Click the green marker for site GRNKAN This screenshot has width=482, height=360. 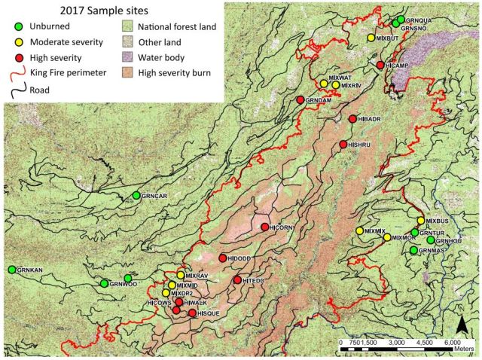pos(12,270)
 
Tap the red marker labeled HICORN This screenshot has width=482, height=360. pos(264,227)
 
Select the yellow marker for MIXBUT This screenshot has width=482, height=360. pos(371,38)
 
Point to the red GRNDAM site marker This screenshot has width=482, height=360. pos(300,100)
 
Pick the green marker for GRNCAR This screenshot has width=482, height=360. pos(136,195)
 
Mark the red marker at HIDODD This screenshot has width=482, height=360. pos(222,258)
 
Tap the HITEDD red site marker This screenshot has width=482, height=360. pos(238,280)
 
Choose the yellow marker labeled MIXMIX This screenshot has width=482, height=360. pos(358,230)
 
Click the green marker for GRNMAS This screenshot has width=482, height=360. pos(413,249)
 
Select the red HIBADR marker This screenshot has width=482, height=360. pos(353,119)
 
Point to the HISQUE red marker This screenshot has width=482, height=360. pos(192,313)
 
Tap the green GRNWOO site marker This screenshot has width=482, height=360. pos(104,283)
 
